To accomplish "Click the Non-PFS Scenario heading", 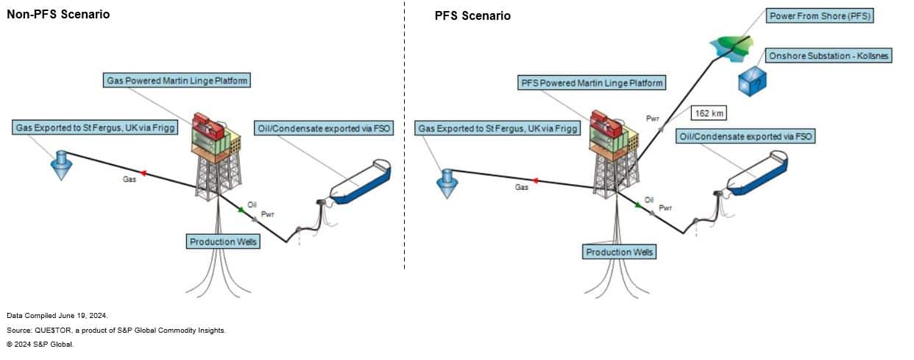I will (x=58, y=14).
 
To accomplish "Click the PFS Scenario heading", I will (x=472, y=15).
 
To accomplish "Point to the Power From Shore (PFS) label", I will (x=819, y=15).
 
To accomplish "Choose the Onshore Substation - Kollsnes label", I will (x=828, y=56).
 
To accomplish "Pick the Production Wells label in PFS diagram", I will (x=620, y=252).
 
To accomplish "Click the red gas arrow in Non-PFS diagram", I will (x=143, y=173).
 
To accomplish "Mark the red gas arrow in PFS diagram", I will (x=535, y=180).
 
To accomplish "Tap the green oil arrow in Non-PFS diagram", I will (x=241, y=210).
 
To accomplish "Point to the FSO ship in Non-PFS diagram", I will (x=361, y=181).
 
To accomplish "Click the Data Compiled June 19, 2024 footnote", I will (x=57, y=315).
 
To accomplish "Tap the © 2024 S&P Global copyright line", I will (x=40, y=344).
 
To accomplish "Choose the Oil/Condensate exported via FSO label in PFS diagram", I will (x=745, y=136).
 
